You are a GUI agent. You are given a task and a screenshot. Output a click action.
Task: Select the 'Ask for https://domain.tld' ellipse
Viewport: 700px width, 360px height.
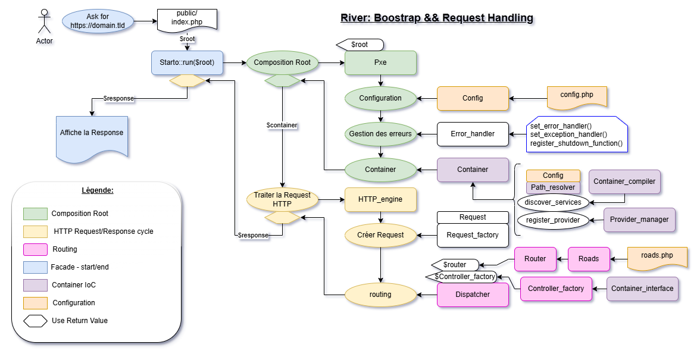98,21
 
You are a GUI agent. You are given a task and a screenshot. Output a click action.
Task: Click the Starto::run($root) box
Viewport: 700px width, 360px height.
187,62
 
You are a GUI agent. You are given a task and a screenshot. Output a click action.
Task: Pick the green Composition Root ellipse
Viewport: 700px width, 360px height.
282,62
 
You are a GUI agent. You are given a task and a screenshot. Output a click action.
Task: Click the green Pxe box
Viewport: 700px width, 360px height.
380,62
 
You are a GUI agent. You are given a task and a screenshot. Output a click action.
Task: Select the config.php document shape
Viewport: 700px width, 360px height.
577,96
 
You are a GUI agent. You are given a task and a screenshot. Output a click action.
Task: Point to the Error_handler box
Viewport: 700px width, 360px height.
473,134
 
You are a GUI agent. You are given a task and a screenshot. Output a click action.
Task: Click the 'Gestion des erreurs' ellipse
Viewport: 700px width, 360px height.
380,134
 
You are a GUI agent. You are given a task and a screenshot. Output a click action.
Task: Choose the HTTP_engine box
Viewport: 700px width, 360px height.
380,199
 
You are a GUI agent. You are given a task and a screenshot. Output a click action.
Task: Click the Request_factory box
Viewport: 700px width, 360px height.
473,235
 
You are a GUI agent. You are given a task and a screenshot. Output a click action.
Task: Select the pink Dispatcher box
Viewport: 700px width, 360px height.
473,295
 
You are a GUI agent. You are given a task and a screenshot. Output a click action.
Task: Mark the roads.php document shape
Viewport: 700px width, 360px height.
657,257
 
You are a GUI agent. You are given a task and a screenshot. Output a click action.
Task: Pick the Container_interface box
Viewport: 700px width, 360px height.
642,289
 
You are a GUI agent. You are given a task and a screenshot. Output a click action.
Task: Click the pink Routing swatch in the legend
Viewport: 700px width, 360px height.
35,249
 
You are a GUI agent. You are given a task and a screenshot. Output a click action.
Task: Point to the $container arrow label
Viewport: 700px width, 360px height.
282,126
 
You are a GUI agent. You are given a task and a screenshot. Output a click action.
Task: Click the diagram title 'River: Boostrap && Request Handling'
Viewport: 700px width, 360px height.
436,18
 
